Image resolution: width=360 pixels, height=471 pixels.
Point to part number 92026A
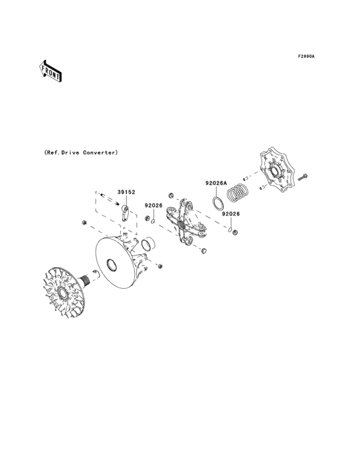pos(216,183)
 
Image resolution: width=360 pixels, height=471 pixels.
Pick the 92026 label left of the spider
pos(153,205)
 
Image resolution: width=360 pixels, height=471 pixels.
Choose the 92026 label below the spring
pos(231,214)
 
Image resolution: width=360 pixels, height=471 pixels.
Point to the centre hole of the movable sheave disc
pos(111,264)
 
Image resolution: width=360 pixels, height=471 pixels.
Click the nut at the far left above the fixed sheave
pos(84,223)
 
